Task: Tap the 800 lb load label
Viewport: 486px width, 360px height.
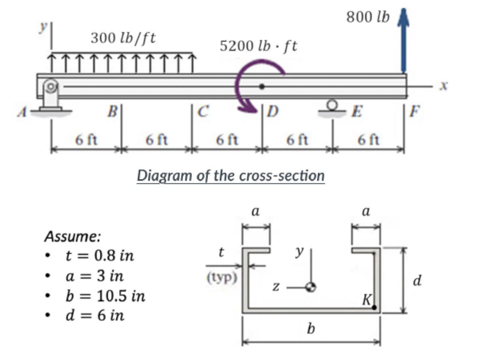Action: click(x=368, y=17)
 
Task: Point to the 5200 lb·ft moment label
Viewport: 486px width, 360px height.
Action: click(x=258, y=46)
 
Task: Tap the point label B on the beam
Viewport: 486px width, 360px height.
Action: click(x=112, y=113)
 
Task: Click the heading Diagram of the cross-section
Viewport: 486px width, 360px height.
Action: click(x=231, y=176)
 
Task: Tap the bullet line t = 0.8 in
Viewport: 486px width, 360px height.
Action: click(x=99, y=256)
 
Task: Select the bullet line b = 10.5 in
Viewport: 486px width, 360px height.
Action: click(x=104, y=296)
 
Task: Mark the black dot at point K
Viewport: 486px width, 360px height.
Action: click(x=374, y=308)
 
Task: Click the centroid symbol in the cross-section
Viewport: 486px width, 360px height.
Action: click(x=310, y=286)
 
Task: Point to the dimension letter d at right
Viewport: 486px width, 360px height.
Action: click(x=417, y=282)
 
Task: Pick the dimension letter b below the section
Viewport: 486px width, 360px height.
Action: click(x=310, y=328)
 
